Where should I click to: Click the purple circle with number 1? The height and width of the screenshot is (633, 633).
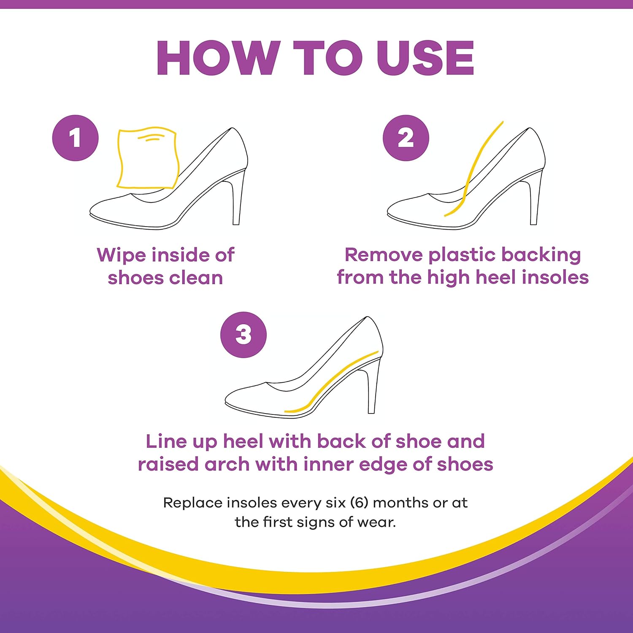click(x=76, y=138)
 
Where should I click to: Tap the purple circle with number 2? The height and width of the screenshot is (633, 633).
click(x=406, y=138)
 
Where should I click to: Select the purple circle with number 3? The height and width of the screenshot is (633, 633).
click(x=243, y=335)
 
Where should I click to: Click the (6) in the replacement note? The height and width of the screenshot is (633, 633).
click(x=360, y=503)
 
